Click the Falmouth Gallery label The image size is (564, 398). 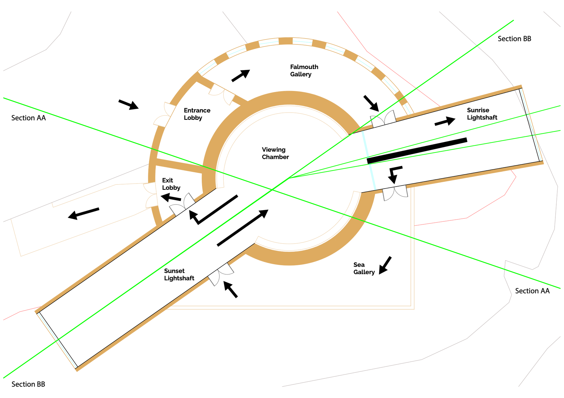point(304,71)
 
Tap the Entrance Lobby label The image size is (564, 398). point(197,114)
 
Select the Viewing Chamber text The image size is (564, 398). point(275,153)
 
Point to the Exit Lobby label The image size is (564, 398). point(171,184)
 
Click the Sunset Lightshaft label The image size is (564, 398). point(179,275)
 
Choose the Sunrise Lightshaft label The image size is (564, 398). point(482,114)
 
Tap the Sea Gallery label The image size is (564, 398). point(364,269)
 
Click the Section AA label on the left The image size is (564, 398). point(29,118)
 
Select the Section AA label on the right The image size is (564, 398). point(532,291)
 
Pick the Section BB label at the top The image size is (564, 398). point(514,39)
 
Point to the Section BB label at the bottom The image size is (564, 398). point(28,384)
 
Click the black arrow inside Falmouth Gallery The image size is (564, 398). point(241,75)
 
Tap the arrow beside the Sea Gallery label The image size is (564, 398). point(385,265)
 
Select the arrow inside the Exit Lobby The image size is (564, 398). point(170,198)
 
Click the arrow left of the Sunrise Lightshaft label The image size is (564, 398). point(445,121)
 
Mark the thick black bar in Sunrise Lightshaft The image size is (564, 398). point(417,151)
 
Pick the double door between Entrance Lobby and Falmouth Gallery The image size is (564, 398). point(222,94)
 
